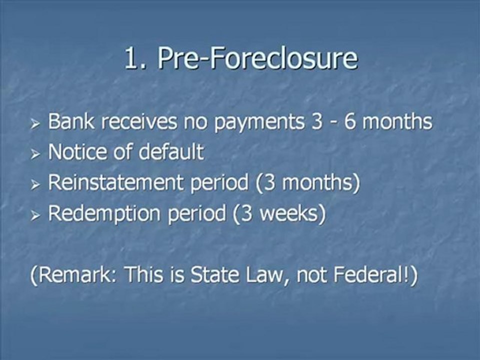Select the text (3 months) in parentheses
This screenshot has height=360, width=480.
tap(307, 183)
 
